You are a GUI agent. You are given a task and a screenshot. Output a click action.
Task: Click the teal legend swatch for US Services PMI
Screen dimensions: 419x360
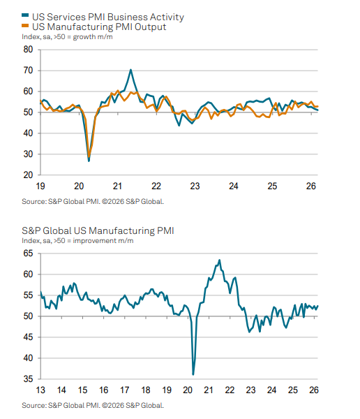(x=26, y=15)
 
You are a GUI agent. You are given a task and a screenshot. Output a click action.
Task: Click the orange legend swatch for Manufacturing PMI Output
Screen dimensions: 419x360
(x=26, y=26)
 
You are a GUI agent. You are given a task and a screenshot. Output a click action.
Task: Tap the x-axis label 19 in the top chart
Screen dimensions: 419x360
(x=40, y=186)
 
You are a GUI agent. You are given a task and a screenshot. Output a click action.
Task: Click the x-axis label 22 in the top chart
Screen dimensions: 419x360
(x=156, y=186)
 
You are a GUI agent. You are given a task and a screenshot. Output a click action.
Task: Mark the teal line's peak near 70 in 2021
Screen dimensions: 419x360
(x=130, y=70)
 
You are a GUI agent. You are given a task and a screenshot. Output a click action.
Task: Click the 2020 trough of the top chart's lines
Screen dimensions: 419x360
(x=89, y=160)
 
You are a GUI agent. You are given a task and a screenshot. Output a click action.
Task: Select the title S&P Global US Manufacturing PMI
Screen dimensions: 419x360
(x=97, y=230)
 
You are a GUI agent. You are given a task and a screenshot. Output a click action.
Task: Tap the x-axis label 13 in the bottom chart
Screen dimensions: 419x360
(x=40, y=390)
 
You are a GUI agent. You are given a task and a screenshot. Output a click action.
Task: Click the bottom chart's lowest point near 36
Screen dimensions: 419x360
(x=193, y=374)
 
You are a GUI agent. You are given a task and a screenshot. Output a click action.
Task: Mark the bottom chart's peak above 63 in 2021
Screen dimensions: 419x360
(x=220, y=260)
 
